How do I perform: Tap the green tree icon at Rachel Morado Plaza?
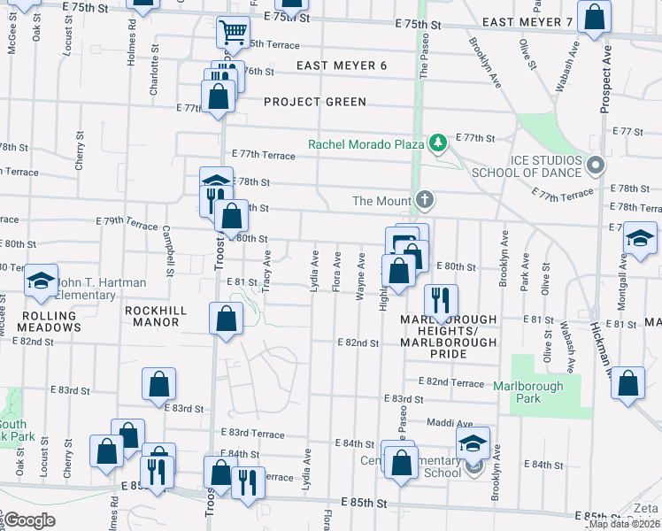[436, 142]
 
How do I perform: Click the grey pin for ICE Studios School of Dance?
[596, 165]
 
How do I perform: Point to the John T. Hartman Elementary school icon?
[39, 281]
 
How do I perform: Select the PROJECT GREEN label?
[314, 102]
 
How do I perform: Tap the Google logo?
[29, 520]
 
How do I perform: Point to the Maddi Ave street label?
[451, 423]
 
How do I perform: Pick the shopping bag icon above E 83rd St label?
[159, 384]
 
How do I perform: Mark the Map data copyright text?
[624, 523]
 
